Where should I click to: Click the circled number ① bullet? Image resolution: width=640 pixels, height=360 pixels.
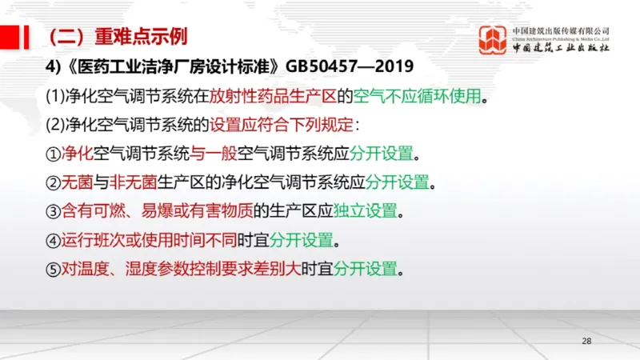(x=53, y=154)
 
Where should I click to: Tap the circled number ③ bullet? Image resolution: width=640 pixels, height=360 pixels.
(x=53, y=211)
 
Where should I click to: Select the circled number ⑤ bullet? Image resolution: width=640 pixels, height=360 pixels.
(x=53, y=269)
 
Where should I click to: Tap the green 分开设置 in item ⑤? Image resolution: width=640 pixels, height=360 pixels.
(x=366, y=269)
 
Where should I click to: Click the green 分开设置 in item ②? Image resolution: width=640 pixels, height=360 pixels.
(x=398, y=182)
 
